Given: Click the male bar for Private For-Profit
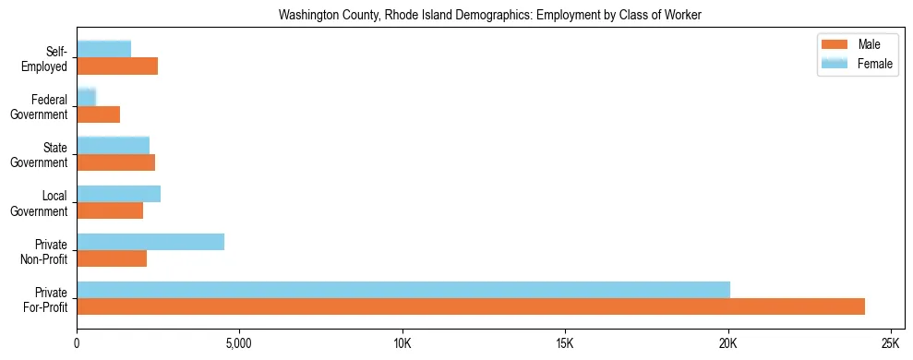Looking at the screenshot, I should coord(471,306).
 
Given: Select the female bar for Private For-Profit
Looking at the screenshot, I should coord(403,290).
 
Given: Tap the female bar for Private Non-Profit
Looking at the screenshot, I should coord(150,242).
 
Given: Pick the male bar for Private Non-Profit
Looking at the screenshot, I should coord(112,258).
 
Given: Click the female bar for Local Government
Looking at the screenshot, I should coord(119,194).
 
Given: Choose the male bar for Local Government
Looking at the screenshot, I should coord(110,210).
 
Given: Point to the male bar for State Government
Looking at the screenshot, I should coord(116,162).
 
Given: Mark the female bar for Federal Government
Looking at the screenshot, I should coord(87,97).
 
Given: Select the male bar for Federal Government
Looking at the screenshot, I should coord(99,114).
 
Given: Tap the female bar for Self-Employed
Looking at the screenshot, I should coord(104,49).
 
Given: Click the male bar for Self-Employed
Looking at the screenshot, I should coord(117,66).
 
